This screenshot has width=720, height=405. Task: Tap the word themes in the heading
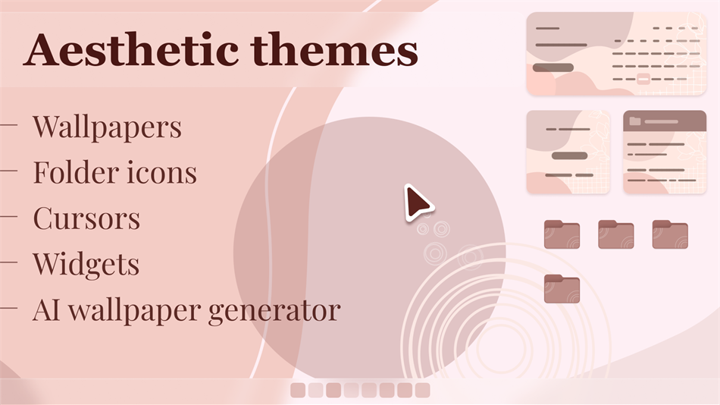point(333,50)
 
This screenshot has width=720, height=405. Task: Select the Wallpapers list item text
point(107,127)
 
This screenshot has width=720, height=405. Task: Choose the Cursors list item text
point(86,218)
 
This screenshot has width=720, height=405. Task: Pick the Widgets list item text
point(86,264)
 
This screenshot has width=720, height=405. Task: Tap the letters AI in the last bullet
point(45,309)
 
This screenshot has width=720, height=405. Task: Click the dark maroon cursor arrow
point(416,202)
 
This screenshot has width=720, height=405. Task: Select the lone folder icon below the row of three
point(562,289)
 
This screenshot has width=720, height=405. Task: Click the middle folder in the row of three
point(615,234)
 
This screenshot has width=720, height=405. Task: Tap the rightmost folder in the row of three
point(670,234)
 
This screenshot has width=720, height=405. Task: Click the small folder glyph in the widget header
point(634,121)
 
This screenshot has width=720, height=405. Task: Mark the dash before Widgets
point(9,263)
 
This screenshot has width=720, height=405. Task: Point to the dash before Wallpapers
point(9,126)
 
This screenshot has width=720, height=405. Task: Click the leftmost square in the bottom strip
point(298,390)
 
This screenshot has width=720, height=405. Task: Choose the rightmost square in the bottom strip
point(422,390)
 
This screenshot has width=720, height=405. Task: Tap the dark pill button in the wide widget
point(553,67)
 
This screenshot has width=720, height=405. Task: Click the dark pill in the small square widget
point(570,155)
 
